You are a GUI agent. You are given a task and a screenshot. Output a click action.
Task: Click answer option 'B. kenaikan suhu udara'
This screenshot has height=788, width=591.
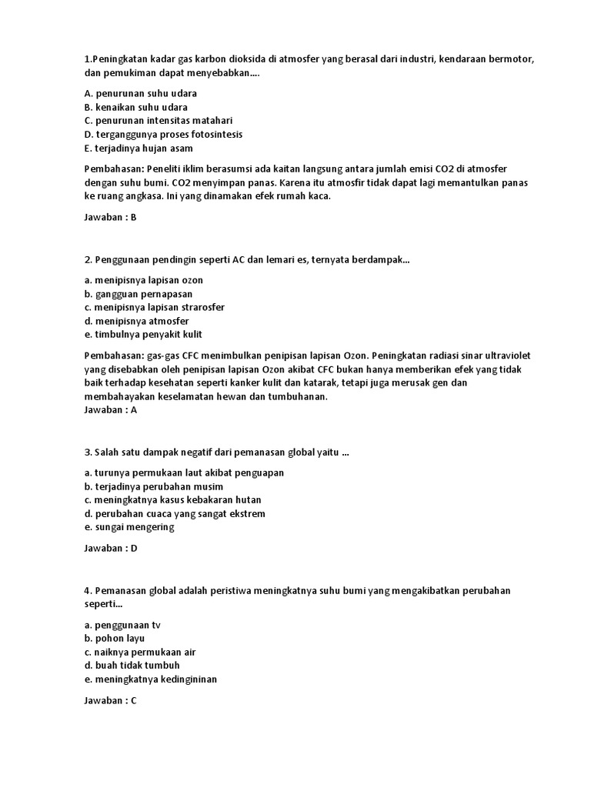(x=135, y=107)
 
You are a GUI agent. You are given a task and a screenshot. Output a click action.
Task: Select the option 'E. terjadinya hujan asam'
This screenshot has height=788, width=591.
(x=139, y=149)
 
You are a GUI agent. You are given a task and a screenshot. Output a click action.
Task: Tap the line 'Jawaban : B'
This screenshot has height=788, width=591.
(x=110, y=217)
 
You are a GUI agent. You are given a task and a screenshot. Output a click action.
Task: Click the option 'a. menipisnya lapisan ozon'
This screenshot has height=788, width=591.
(x=144, y=280)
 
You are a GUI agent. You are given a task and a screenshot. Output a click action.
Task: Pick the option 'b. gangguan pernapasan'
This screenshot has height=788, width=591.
(x=139, y=294)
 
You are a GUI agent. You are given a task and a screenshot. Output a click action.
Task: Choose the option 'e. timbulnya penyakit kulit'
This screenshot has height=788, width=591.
(x=144, y=335)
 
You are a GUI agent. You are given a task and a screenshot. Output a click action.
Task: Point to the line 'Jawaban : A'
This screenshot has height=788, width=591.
(x=110, y=410)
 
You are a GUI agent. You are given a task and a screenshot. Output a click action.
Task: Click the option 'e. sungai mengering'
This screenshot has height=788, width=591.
(x=129, y=527)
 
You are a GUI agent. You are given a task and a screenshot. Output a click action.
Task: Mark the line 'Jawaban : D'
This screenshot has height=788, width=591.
(x=110, y=549)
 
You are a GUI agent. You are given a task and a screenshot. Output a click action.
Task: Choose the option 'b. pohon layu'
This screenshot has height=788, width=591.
(x=115, y=639)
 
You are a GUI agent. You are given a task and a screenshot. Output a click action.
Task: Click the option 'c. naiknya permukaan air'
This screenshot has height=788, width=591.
(x=141, y=652)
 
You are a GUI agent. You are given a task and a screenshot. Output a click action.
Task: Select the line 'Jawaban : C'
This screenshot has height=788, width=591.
(x=110, y=701)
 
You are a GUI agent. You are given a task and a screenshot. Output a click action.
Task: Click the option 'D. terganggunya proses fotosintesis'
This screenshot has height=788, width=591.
(x=163, y=135)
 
